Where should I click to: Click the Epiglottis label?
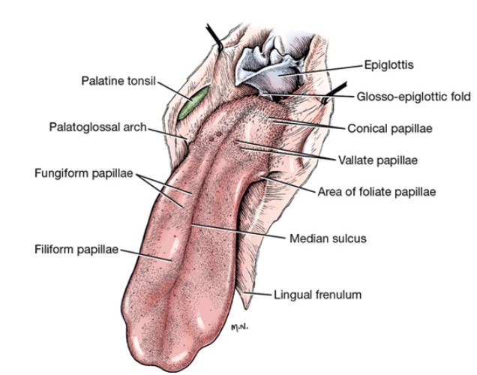(x=388, y=65)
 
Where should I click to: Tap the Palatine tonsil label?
(x=118, y=81)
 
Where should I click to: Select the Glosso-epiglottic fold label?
(x=414, y=97)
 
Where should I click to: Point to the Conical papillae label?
(x=390, y=128)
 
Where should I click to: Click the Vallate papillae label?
(x=378, y=160)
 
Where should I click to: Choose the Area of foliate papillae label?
(x=376, y=191)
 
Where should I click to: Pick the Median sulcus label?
(x=328, y=238)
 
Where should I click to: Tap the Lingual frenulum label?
(x=317, y=295)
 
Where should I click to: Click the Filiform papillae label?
(x=76, y=250)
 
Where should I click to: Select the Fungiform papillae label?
(x=84, y=173)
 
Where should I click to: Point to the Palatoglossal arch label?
(x=98, y=127)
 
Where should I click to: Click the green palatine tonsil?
(x=193, y=102)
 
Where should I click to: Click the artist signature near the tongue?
(x=240, y=328)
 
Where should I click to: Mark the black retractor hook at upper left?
(x=214, y=37)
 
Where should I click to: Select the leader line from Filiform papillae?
(x=145, y=255)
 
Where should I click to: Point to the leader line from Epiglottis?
(x=321, y=70)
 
